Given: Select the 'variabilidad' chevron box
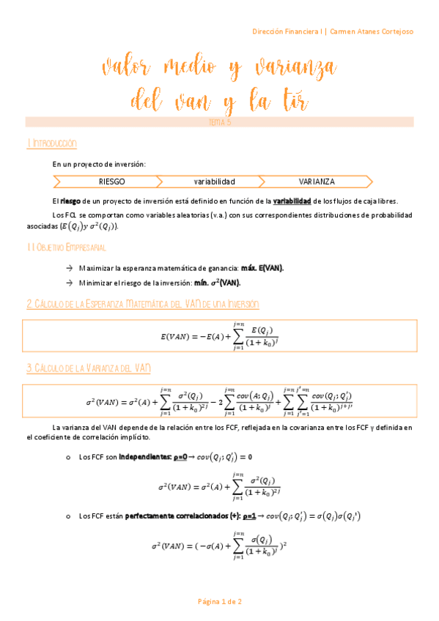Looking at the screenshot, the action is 214,181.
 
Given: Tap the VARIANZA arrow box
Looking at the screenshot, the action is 317,181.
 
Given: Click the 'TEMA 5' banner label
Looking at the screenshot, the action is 220,122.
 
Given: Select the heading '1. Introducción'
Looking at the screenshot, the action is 51,144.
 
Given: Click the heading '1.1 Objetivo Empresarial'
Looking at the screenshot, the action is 66,248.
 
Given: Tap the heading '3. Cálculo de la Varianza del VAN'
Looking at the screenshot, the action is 88,368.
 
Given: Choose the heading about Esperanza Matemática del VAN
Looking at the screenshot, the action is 142,303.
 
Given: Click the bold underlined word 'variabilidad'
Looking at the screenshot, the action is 292,200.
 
